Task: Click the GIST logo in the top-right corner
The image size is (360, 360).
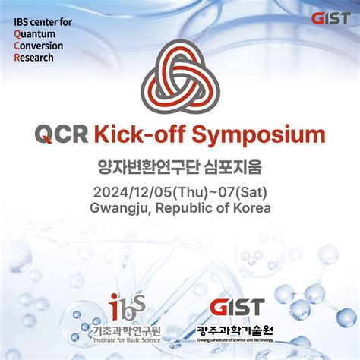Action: click(330, 18)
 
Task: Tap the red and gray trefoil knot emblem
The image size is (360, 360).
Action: click(180, 75)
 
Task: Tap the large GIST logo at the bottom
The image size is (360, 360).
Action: click(237, 308)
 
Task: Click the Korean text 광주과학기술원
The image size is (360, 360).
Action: click(236, 330)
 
